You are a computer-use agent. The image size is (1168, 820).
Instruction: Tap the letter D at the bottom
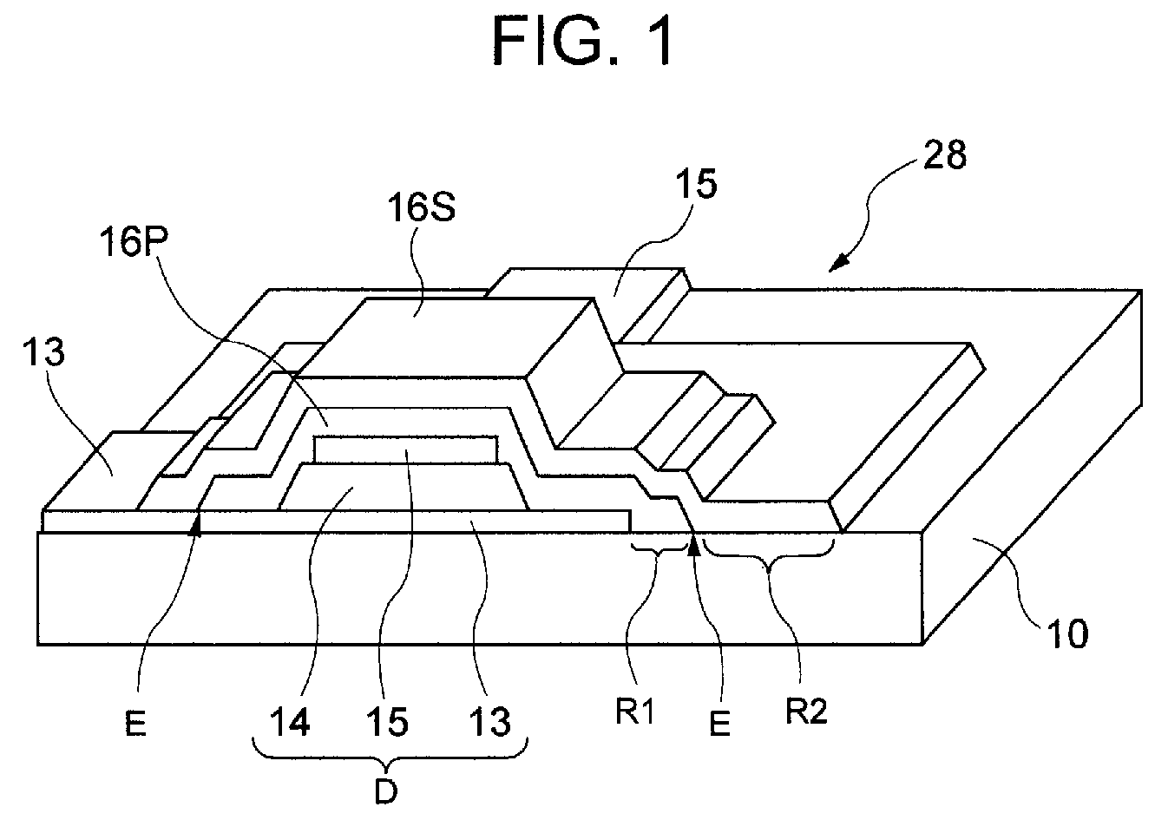coord(388,790)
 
